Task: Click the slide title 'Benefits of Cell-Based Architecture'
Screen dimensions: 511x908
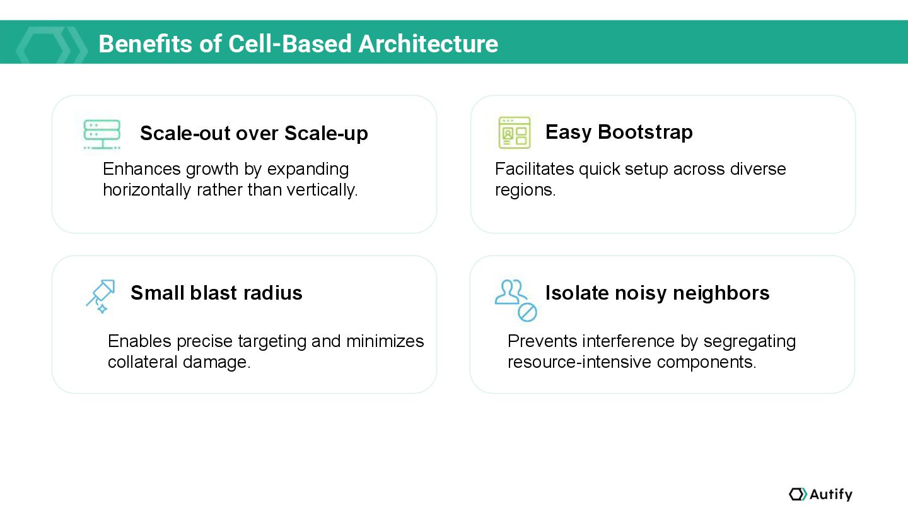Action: point(298,44)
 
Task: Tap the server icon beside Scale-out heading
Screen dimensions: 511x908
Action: point(102,134)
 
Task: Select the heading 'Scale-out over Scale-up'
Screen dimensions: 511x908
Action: point(253,133)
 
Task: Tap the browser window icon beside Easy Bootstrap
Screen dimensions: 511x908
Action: point(514,132)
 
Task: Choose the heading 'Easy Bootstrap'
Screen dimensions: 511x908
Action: point(619,132)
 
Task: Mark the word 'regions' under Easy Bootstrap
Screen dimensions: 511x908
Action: point(524,189)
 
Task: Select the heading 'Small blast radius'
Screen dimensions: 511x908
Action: point(216,293)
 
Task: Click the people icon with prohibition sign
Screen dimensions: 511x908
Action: point(515,299)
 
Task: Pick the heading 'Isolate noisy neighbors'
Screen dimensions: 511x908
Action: point(657,293)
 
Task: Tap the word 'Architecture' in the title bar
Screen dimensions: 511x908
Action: point(428,44)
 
